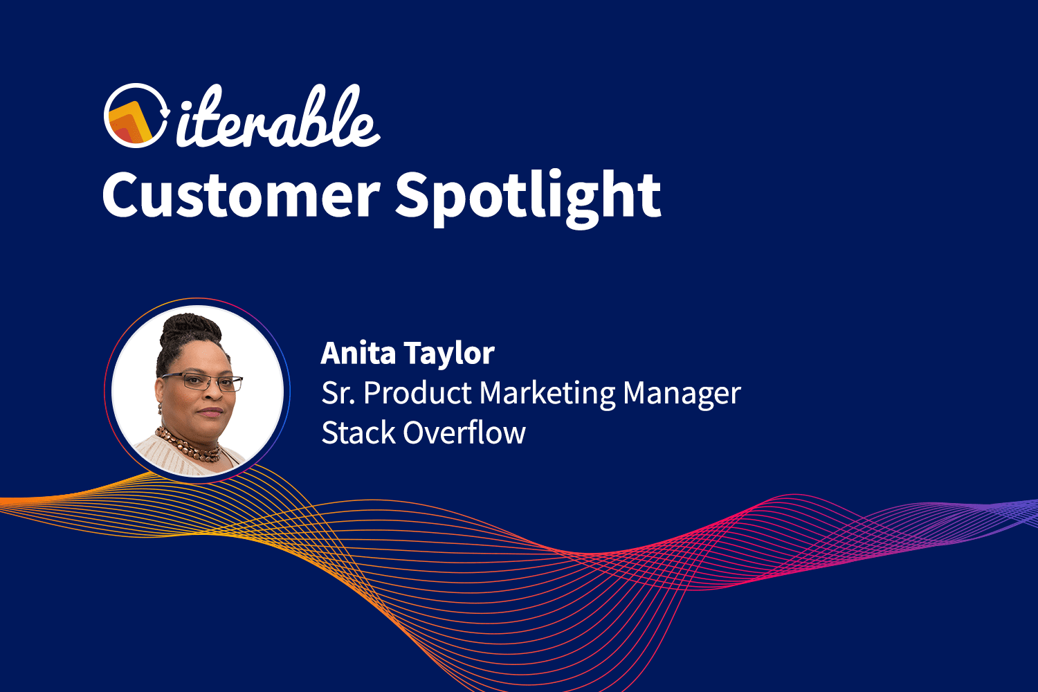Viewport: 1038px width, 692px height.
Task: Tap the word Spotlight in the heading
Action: coord(527,196)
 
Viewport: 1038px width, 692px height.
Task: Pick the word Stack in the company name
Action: coord(358,433)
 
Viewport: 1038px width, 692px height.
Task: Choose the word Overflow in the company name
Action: coord(464,433)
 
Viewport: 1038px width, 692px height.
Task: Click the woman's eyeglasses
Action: coord(202,381)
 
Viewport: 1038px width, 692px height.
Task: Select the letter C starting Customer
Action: coord(124,196)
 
